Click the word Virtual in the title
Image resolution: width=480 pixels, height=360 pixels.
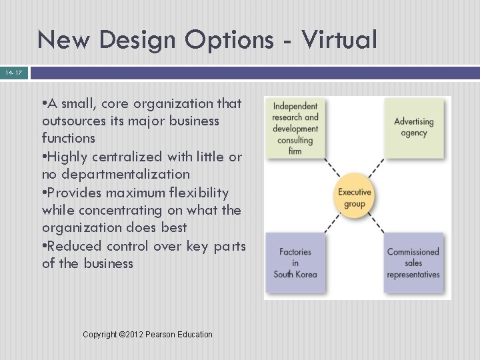(339, 40)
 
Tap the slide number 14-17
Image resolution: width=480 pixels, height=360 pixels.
(13, 72)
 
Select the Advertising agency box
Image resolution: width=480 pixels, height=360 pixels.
(414, 128)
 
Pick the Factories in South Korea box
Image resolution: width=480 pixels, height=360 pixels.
(295, 263)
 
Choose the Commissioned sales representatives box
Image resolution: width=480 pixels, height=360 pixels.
(413, 263)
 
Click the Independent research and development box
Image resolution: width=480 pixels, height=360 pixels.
(295, 128)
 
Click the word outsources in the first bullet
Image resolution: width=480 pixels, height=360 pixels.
(75, 121)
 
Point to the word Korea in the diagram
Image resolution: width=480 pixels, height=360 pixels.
(305, 275)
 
